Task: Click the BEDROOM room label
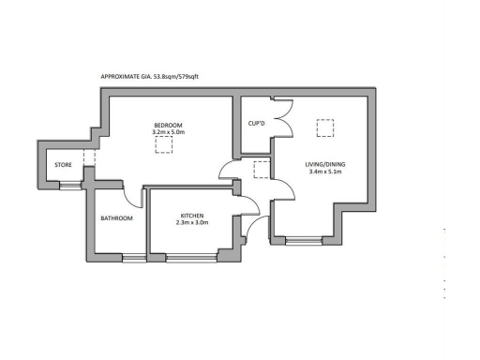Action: tap(169, 126)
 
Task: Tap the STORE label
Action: tap(63, 166)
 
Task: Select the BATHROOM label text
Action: tap(117, 218)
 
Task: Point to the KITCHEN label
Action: tap(192, 216)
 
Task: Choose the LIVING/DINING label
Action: tap(325, 165)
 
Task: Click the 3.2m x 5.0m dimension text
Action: tap(170, 133)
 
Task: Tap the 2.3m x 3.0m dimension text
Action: tap(192, 223)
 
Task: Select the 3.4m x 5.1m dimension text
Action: tap(325, 173)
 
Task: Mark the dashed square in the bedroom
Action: tap(174, 145)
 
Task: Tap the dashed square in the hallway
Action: tap(262, 169)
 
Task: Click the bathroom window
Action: tap(134, 256)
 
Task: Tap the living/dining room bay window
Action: tap(302, 242)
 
